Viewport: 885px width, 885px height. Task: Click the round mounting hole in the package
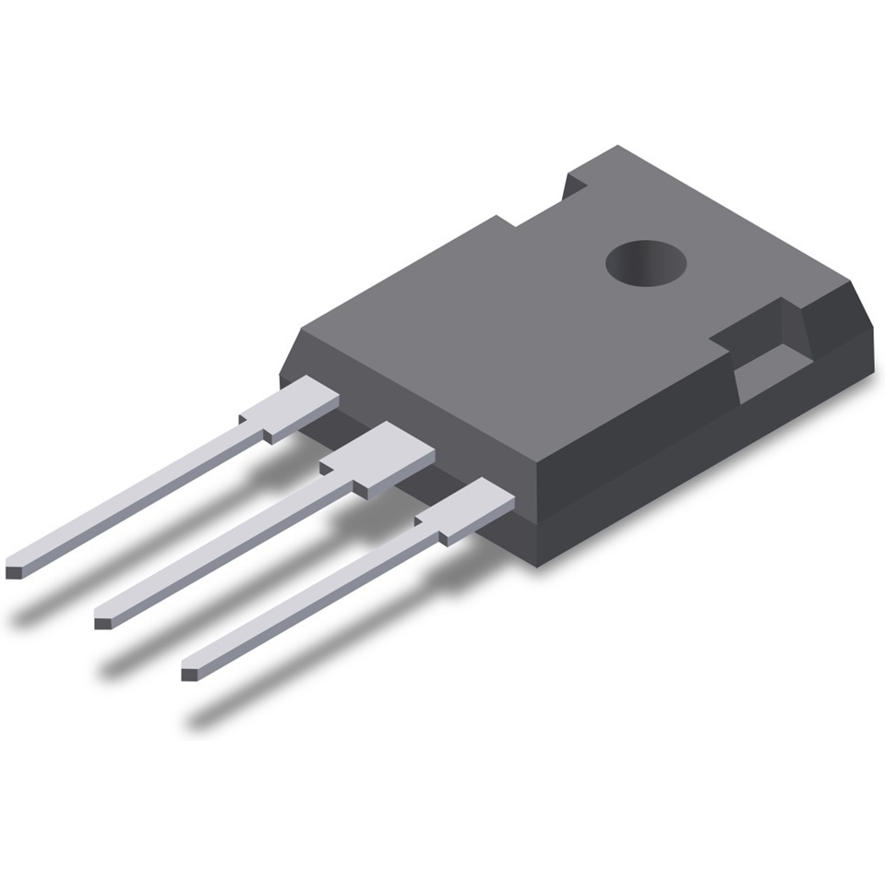(646, 263)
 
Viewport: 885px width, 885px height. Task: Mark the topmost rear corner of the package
(616, 147)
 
